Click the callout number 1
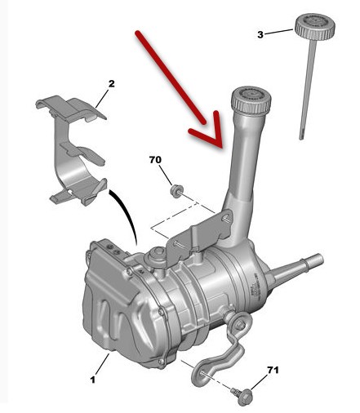pyautogui.click(x=93, y=380)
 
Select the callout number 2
pyautogui.click(x=111, y=84)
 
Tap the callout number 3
pyautogui.click(x=260, y=35)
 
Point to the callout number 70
pyautogui.click(x=155, y=160)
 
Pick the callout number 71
pyautogui.click(x=273, y=370)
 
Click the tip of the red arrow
pyautogui.click(x=222, y=148)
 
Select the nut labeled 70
pyautogui.click(x=176, y=190)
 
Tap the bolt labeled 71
pyautogui.click(x=243, y=394)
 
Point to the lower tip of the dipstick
pyautogui.click(x=301, y=139)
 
